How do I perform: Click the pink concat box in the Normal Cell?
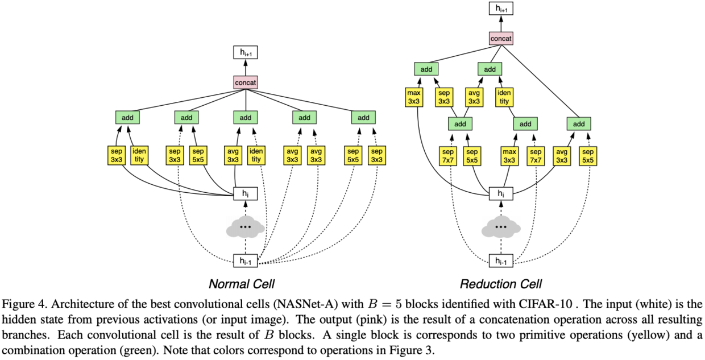tap(246, 82)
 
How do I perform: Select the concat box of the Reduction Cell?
tap(501, 39)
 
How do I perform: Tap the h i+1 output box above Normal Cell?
tap(246, 52)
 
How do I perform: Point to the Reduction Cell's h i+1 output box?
tap(501, 8)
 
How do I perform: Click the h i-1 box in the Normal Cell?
tap(246, 261)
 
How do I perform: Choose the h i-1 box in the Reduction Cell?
tap(501, 261)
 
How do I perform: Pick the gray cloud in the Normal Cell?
tap(246, 227)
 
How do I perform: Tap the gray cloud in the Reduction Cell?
tap(501, 227)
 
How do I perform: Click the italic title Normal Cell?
tap(242, 284)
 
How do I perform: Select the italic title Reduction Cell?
tap(501, 284)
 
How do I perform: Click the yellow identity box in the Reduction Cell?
tap(504, 97)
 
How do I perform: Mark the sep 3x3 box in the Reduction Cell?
tap(444, 97)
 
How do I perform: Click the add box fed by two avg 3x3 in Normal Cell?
tap(304, 118)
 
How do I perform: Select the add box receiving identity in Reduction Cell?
tap(490, 69)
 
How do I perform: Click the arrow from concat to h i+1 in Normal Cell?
tap(246, 67)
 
